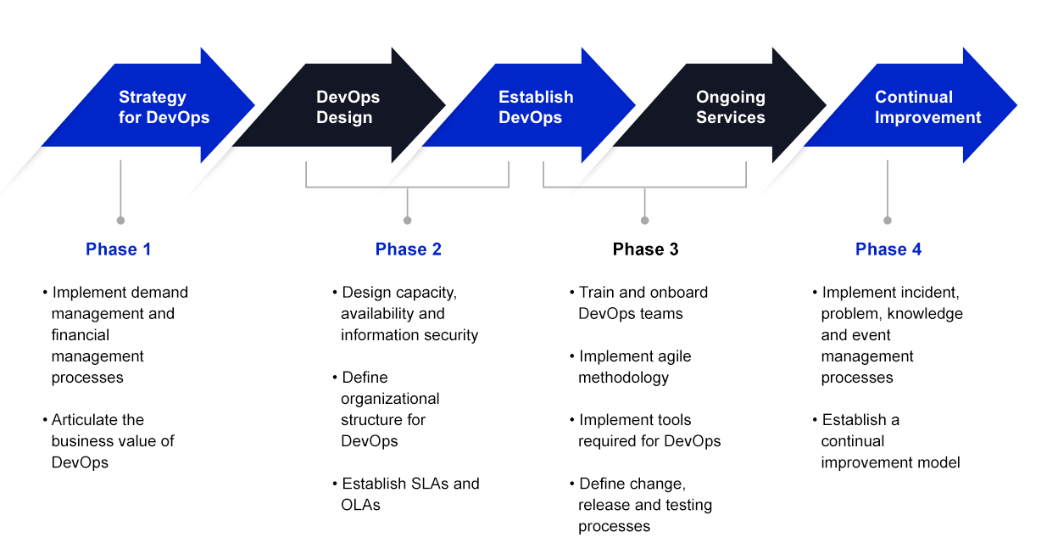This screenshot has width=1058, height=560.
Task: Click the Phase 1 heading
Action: click(118, 249)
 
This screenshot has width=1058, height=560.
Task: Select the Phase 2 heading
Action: click(408, 249)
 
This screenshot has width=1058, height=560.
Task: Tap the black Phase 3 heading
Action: click(645, 249)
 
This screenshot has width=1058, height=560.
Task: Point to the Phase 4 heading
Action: click(888, 249)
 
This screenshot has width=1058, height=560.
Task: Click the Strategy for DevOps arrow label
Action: click(164, 107)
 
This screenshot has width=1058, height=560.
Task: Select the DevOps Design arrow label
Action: click(348, 107)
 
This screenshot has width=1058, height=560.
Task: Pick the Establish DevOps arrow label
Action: click(536, 107)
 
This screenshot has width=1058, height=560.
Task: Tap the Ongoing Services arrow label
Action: click(730, 107)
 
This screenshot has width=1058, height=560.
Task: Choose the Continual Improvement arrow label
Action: click(927, 107)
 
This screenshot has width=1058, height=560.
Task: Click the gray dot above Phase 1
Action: click(120, 221)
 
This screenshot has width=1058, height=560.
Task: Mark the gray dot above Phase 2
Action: click(407, 221)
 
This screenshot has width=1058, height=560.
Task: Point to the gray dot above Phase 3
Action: click(644, 221)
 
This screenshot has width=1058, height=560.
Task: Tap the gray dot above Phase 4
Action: click(888, 221)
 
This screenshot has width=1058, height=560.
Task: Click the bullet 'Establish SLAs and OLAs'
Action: click(406, 494)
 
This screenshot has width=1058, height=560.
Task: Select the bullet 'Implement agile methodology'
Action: click(630, 367)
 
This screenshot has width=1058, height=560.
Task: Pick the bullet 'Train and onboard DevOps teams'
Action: click(638, 303)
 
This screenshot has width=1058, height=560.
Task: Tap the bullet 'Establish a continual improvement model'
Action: click(887, 441)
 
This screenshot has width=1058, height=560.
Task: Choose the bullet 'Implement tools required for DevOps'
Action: click(645, 430)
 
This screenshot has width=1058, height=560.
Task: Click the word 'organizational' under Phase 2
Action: click(390, 399)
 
